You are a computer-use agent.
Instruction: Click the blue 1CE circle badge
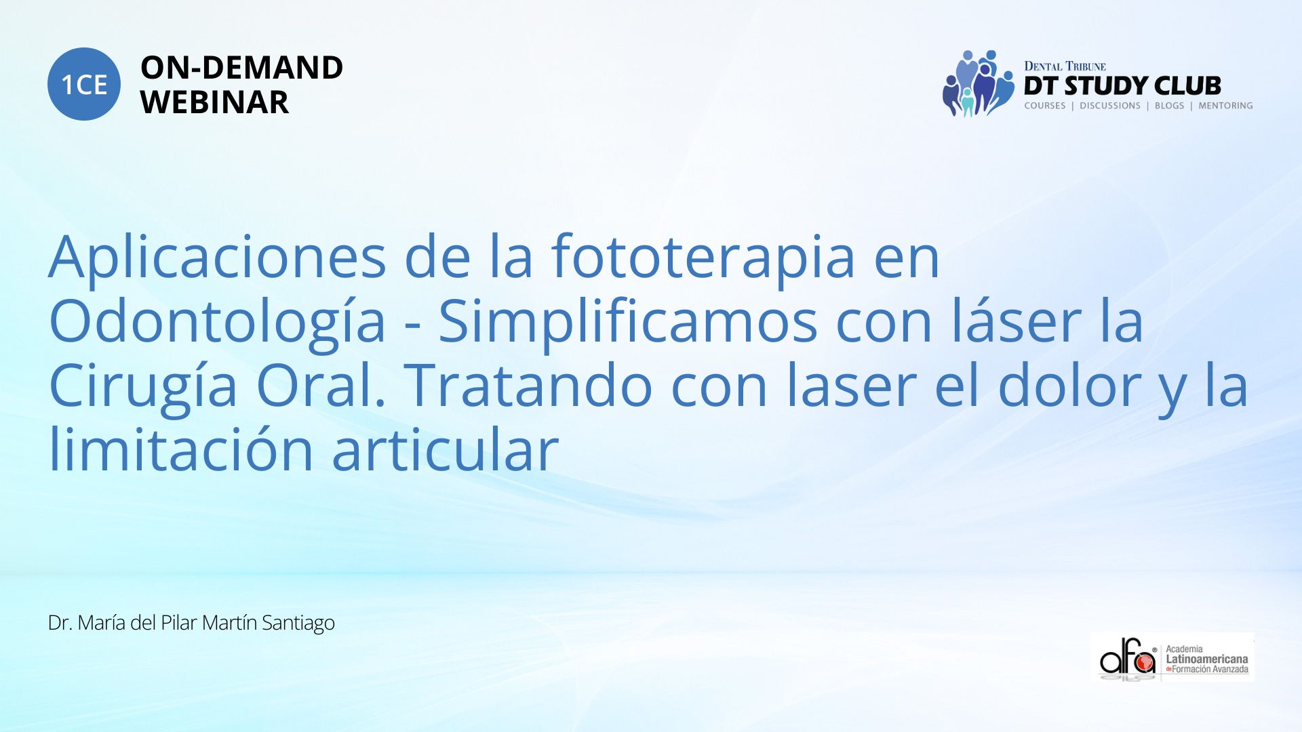(84, 84)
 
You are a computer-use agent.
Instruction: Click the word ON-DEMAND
(241, 68)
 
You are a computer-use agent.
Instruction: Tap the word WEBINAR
(214, 102)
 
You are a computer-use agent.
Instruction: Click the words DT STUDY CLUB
(1122, 86)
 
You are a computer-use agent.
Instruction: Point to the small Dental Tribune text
(1065, 66)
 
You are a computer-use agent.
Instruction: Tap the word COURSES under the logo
(1045, 106)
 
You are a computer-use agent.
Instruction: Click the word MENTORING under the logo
(1225, 106)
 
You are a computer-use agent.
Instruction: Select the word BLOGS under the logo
(1169, 106)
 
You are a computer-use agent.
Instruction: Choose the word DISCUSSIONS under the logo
(1110, 106)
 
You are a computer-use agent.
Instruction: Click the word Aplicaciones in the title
(217, 258)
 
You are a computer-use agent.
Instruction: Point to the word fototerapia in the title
(703, 258)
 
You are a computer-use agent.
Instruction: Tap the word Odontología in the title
(217, 323)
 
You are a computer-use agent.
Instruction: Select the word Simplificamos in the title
(628, 321)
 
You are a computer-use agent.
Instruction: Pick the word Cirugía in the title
(142, 386)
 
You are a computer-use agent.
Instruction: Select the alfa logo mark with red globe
(1128, 657)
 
